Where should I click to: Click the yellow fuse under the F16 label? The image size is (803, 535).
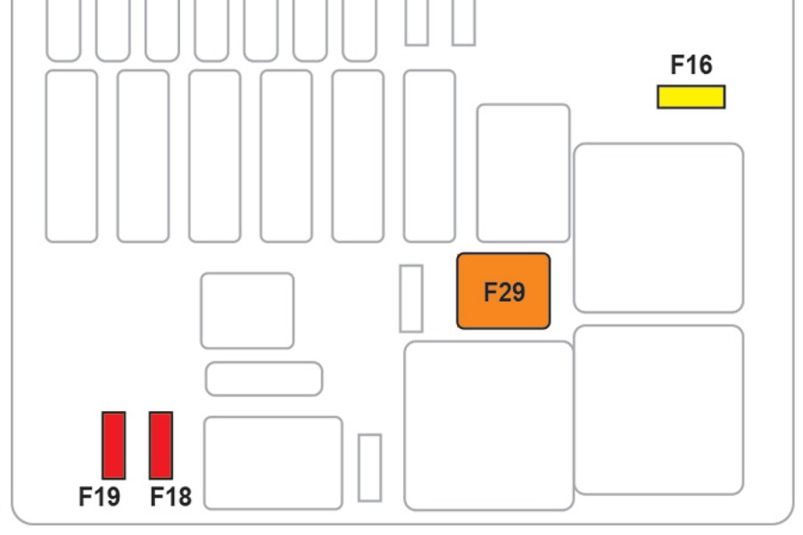(691, 96)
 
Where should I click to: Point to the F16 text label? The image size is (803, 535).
(691, 65)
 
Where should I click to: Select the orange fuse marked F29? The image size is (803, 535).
(503, 291)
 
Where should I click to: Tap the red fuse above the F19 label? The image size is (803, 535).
(113, 445)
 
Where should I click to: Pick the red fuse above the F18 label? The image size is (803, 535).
(161, 445)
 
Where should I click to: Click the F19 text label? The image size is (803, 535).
(99, 497)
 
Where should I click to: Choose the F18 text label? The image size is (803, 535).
(170, 497)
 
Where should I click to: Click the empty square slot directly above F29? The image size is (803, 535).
(523, 173)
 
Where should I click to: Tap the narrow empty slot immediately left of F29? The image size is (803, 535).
(410, 299)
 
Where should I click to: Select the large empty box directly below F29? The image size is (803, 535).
(488, 425)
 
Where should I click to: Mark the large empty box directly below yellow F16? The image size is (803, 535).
(658, 227)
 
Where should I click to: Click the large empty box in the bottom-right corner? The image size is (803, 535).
(658, 409)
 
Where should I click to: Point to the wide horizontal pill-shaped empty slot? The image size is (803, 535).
(263, 379)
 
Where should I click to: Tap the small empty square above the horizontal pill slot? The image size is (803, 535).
(247, 310)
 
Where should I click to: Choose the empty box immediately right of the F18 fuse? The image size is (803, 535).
(273, 463)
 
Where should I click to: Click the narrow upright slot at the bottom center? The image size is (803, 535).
(369, 467)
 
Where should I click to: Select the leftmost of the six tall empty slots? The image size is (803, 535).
(71, 156)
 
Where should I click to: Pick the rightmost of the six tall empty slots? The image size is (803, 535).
(429, 156)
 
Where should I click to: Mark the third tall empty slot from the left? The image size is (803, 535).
(214, 156)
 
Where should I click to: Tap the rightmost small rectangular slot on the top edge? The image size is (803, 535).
(463, 22)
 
